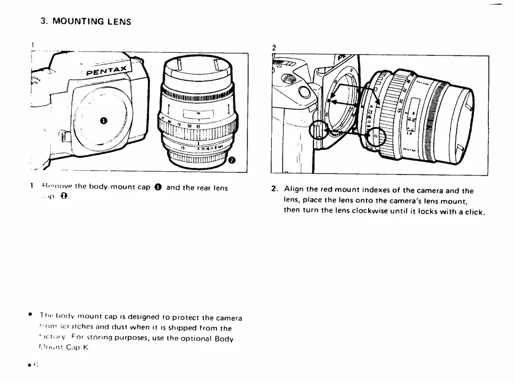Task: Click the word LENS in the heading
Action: pos(119,22)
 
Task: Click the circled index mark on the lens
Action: pos(374,136)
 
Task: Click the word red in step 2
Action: pos(328,190)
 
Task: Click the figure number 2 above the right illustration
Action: pos(273,48)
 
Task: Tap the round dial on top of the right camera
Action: pos(288,80)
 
